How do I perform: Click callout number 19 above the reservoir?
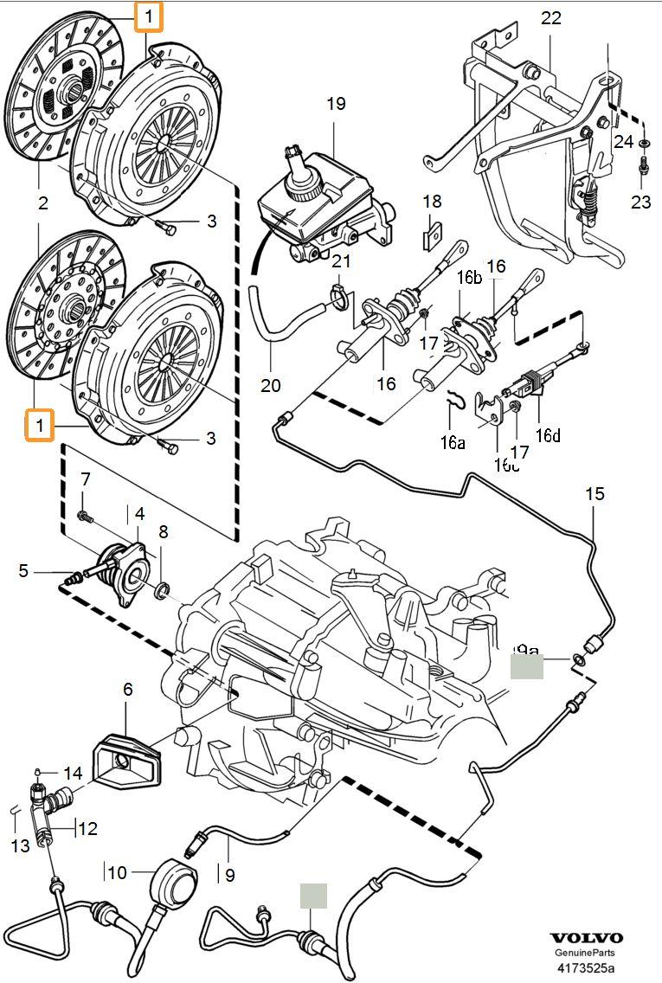click(x=336, y=104)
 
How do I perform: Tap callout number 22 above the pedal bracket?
click(x=551, y=18)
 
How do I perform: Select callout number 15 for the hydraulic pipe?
click(x=595, y=494)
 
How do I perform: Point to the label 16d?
click(x=547, y=435)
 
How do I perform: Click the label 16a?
click(x=451, y=442)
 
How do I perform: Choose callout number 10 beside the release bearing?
click(x=128, y=690)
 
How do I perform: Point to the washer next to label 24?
click(x=646, y=141)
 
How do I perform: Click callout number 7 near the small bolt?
click(x=86, y=479)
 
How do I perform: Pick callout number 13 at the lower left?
click(x=21, y=845)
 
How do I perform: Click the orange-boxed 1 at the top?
click(x=149, y=16)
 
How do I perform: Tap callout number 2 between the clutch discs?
click(x=42, y=204)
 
